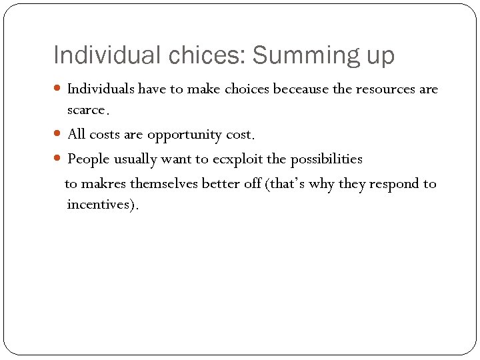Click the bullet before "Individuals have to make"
coord(59,89)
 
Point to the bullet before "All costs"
coord(59,135)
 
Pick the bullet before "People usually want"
coord(59,159)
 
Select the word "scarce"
coord(86,110)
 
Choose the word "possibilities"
coord(327,159)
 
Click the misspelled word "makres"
coord(103,183)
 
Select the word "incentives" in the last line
coord(99,205)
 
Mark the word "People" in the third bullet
coord(88,159)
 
